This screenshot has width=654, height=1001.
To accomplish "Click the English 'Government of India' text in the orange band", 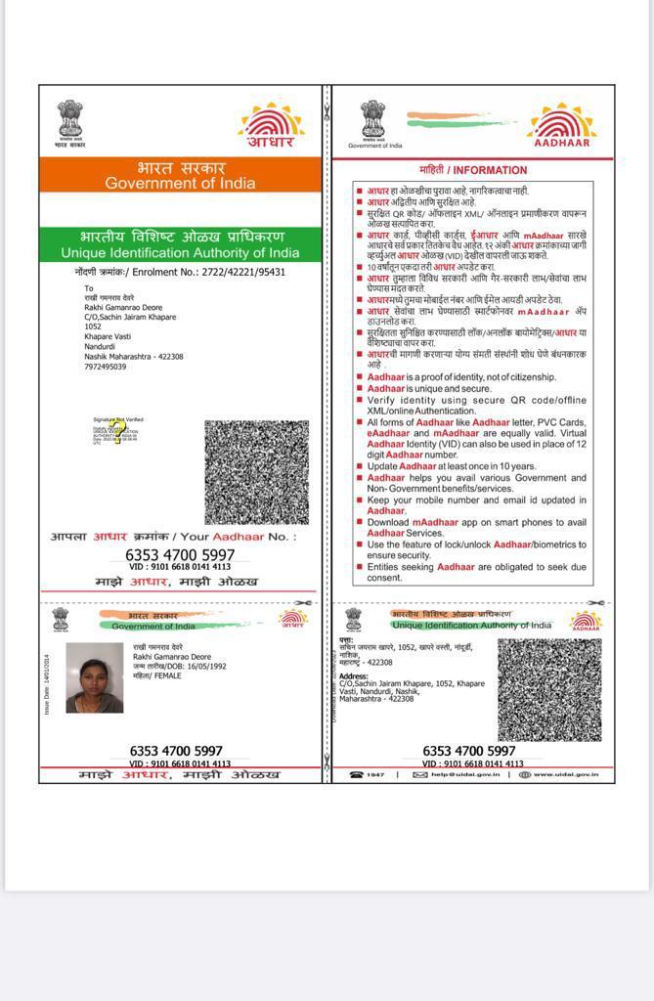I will click(180, 183).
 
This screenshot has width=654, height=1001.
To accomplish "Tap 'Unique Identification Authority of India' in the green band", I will click(180, 253).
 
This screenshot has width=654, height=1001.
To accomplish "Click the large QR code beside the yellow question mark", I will click(256, 472).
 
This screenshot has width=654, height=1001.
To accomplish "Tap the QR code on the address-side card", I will click(548, 689).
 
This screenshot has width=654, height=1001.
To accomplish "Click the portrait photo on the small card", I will click(95, 677).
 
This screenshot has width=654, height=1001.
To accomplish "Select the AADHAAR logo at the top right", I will click(561, 126).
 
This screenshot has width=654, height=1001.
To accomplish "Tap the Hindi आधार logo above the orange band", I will click(271, 126).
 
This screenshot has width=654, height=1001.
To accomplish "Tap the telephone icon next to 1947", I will click(357, 774).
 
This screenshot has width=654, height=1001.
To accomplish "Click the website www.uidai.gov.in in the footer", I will click(572, 774).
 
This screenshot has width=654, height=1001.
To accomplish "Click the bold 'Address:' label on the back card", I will click(354, 675).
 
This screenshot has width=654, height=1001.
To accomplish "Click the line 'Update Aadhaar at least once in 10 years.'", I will click(465, 466).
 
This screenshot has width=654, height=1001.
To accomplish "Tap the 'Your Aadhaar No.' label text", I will click(239, 537).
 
